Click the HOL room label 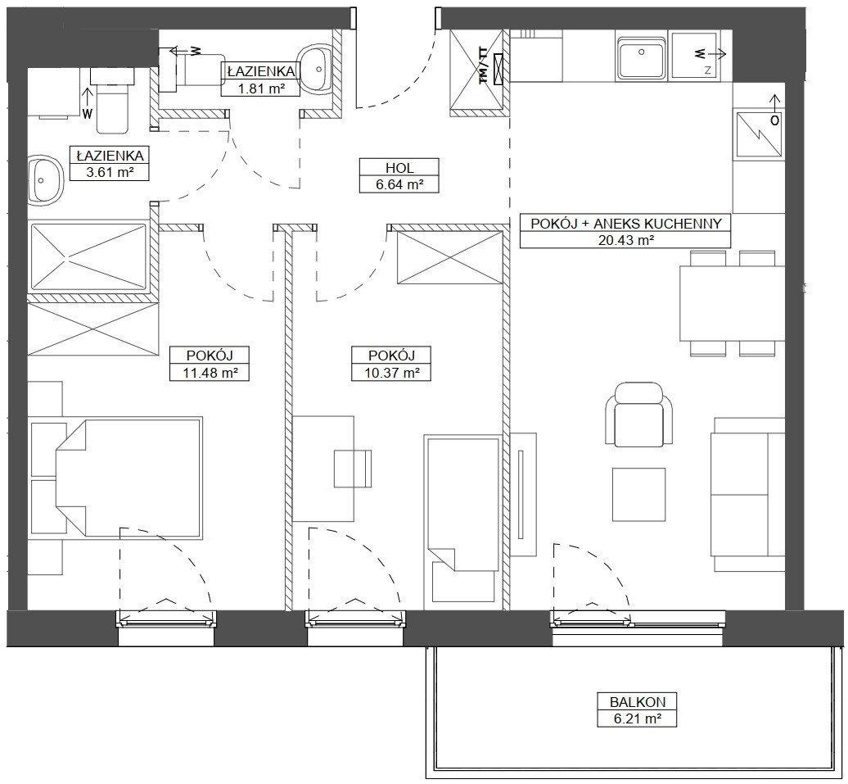click(x=399, y=167)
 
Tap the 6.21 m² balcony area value click(x=638, y=719)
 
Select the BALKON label click(x=638, y=702)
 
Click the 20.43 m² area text click(x=626, y=240)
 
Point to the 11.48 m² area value click(x=210, y=373)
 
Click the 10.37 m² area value click(x=391, y=373)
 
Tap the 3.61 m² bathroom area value click(x=110, y=172)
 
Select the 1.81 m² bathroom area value click(x=261, y=88)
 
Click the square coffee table click(x=638, y=495)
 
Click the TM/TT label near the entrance click(x=484, y=66)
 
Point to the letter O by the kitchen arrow click(x=774, y=120)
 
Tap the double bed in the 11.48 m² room click(x=129, y=478)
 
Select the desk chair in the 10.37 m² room click(x=353, y=469)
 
